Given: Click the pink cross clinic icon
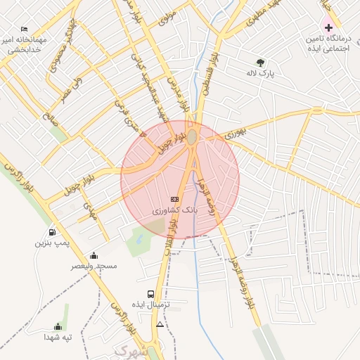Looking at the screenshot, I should [x=328, y=27].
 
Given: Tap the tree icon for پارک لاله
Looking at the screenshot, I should [x=261, y=62].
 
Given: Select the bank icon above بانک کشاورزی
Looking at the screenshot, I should [x=175, y=200].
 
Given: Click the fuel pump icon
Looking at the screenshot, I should [x=52, y=233].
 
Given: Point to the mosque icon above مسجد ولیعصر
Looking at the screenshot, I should [x=94, y=256].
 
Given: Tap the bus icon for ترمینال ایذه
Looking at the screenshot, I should [x=150, y=294].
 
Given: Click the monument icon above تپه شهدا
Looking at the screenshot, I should [x=58, y=326].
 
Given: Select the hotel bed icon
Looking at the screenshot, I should [x=25, y=29].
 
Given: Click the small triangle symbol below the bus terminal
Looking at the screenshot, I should [x=160, y=324].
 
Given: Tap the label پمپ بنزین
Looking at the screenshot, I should [x=53, y=243].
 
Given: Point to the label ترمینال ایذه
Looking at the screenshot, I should [x=150, y=304].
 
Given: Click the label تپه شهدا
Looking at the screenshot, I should [x=58, y=337].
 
